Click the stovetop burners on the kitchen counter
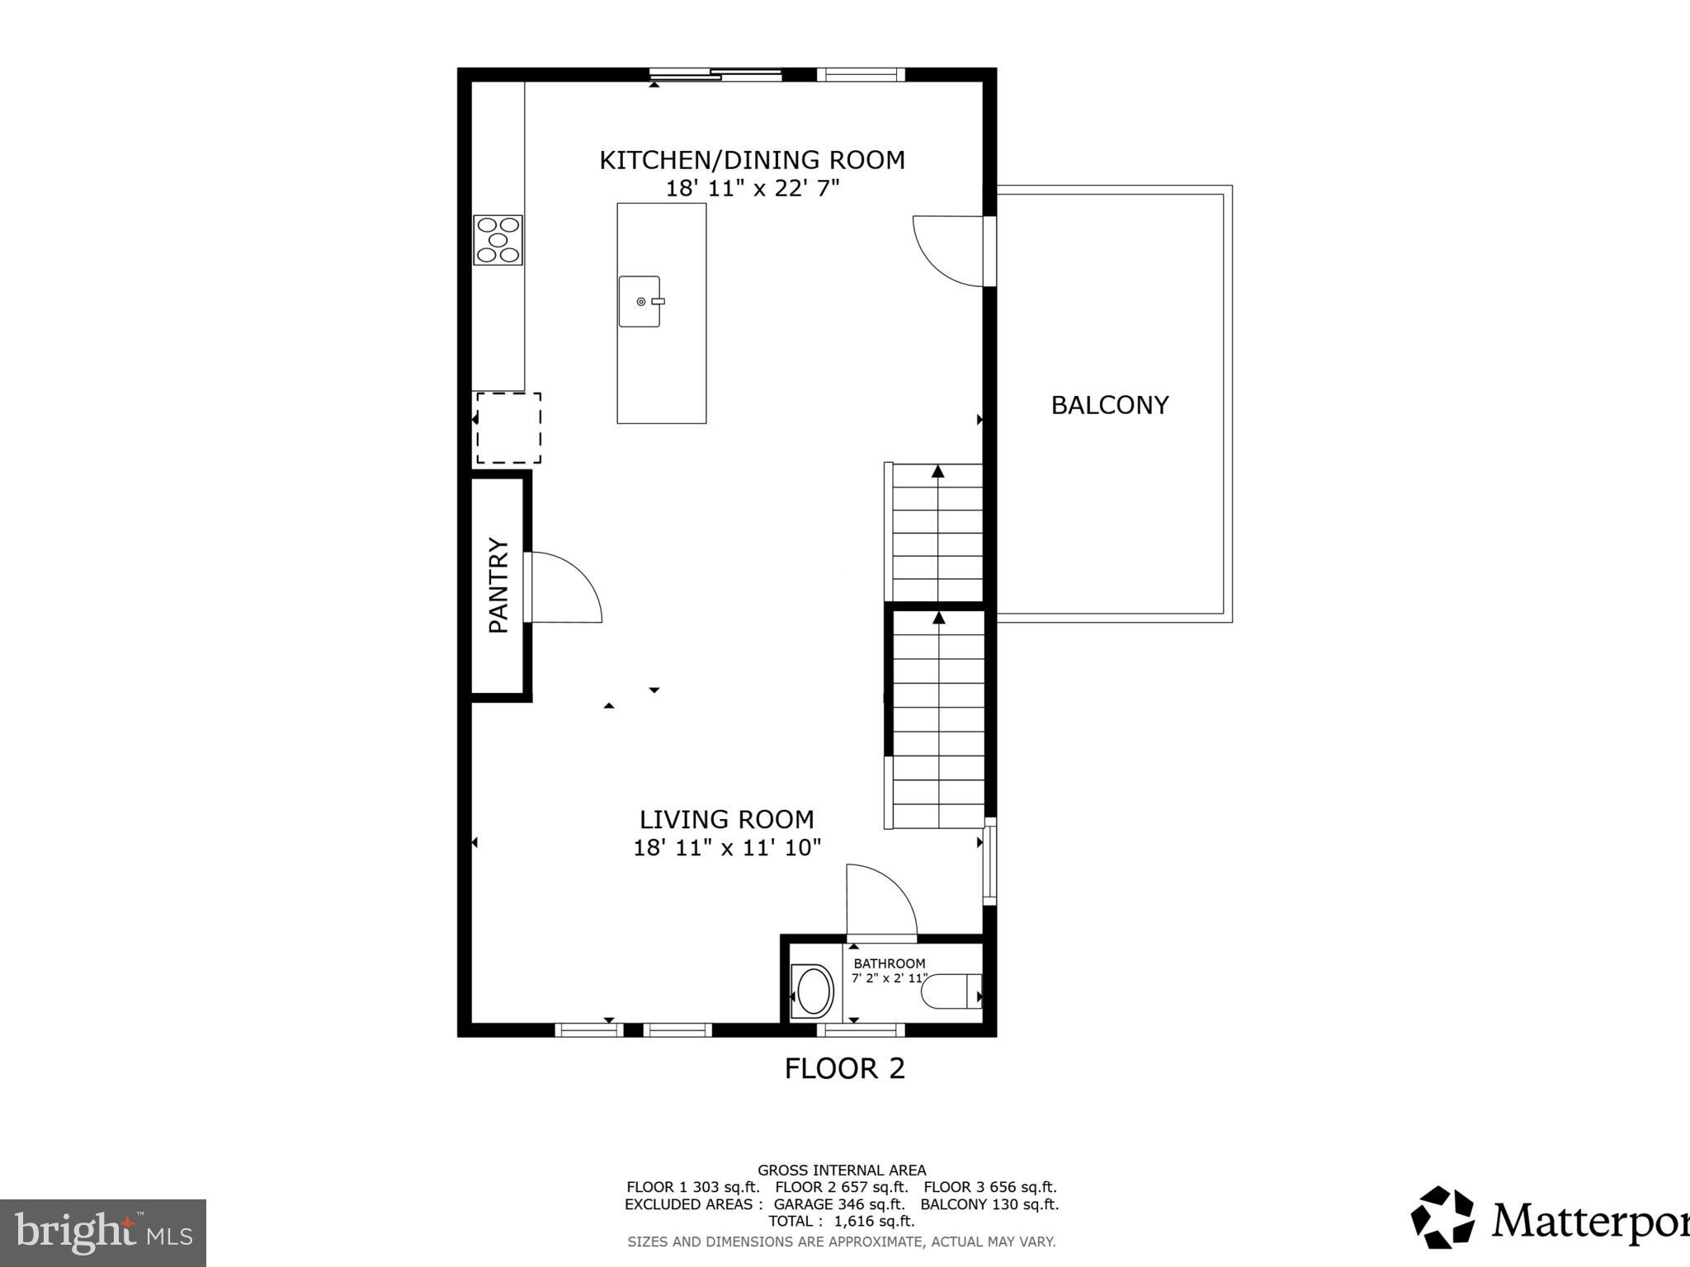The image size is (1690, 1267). tap(498, 240)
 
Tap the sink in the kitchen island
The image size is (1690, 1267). tap(640, 301)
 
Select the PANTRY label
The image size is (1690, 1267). tap(498, 585)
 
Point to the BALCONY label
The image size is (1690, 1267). tap(1109, 405)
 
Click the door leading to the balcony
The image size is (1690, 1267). tap(949, 251)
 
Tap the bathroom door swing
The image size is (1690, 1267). tap(881, 901)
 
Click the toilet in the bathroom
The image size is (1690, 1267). tap(950, 991)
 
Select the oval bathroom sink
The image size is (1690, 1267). tap(814, 991)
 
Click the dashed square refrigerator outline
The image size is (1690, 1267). tap(508, 428)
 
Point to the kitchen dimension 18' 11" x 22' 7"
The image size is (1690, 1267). tap(752, 189)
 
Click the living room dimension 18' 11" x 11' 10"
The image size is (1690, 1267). tap(727, 847)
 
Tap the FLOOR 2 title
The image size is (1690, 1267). tap(844, 1068)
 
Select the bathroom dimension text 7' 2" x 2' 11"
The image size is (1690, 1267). tap(889, 978)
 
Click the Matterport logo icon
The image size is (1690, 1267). tap(1442, 1217)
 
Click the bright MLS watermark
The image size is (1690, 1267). tap(102, 1233)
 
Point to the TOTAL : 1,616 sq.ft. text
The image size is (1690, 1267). tap(841, 1221)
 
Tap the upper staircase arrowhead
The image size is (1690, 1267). tap(938, 471)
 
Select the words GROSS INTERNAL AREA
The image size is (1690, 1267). tap(841, 1170)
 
